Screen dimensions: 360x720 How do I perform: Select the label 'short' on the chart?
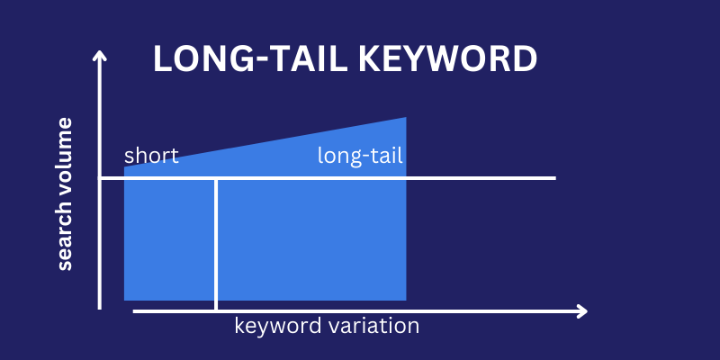pyautogui.click(x=151, y=156)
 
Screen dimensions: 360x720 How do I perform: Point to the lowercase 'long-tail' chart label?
pyautogui.click(x=360, y=156)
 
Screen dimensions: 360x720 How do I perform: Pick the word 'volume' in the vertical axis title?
pyautogui.click(x=65, y=160)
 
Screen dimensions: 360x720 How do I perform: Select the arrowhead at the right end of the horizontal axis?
pyautogui.click(x=583, y=311)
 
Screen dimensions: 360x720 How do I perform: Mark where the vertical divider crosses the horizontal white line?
pyautogui.click(x=216, y=178)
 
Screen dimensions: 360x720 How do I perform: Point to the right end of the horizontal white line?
pyautogui.click(x=555, y=178)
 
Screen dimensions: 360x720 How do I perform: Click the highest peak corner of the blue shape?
pyautogui.click(x=406, y=118)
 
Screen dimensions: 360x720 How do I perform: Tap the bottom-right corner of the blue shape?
pyautogui.click(x=406, y=300)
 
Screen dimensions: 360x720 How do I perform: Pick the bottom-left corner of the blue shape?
pyautogui.click(x=124, y=300)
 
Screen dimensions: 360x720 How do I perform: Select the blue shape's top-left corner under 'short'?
pyautogui.click(x=124, y=168)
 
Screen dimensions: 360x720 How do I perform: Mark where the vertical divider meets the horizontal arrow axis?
pyautogui.click(x=216, y=311)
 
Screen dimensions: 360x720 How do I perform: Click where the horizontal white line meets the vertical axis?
pyautogui.click(x=100, y=178)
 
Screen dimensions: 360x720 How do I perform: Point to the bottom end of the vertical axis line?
pyautogui.click(x=100, y=308)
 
